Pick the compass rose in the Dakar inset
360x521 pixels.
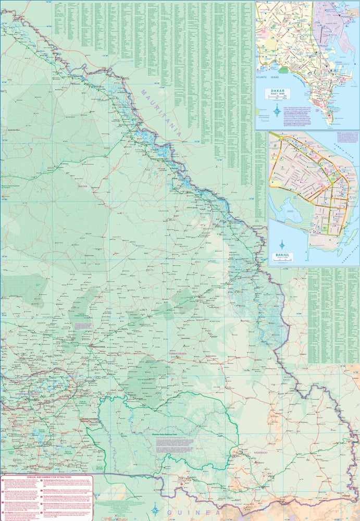277,110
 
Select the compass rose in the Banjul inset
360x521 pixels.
282,244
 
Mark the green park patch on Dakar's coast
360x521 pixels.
283,69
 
